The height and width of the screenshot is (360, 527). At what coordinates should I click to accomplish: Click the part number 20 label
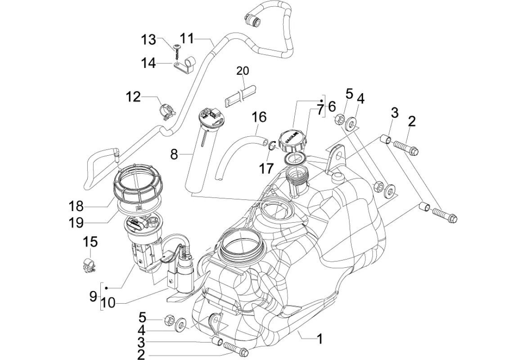click(243, 71)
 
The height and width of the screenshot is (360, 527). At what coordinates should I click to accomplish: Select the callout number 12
click(133, 96)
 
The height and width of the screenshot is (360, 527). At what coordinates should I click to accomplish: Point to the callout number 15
click(90, 242)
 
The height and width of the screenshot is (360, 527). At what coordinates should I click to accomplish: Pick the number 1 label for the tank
click(320, 339)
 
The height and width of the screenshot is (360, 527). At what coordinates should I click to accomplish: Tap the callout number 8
click(174, 155)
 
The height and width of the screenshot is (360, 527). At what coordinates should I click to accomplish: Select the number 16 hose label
click(259, 117)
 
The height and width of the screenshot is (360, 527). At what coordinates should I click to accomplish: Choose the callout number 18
click(76, 207)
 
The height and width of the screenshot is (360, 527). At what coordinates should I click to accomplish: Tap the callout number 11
click(188, 39)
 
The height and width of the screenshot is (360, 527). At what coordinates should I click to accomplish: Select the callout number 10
click(108, 303)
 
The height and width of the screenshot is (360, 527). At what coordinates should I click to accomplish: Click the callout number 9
click(93, 296)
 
